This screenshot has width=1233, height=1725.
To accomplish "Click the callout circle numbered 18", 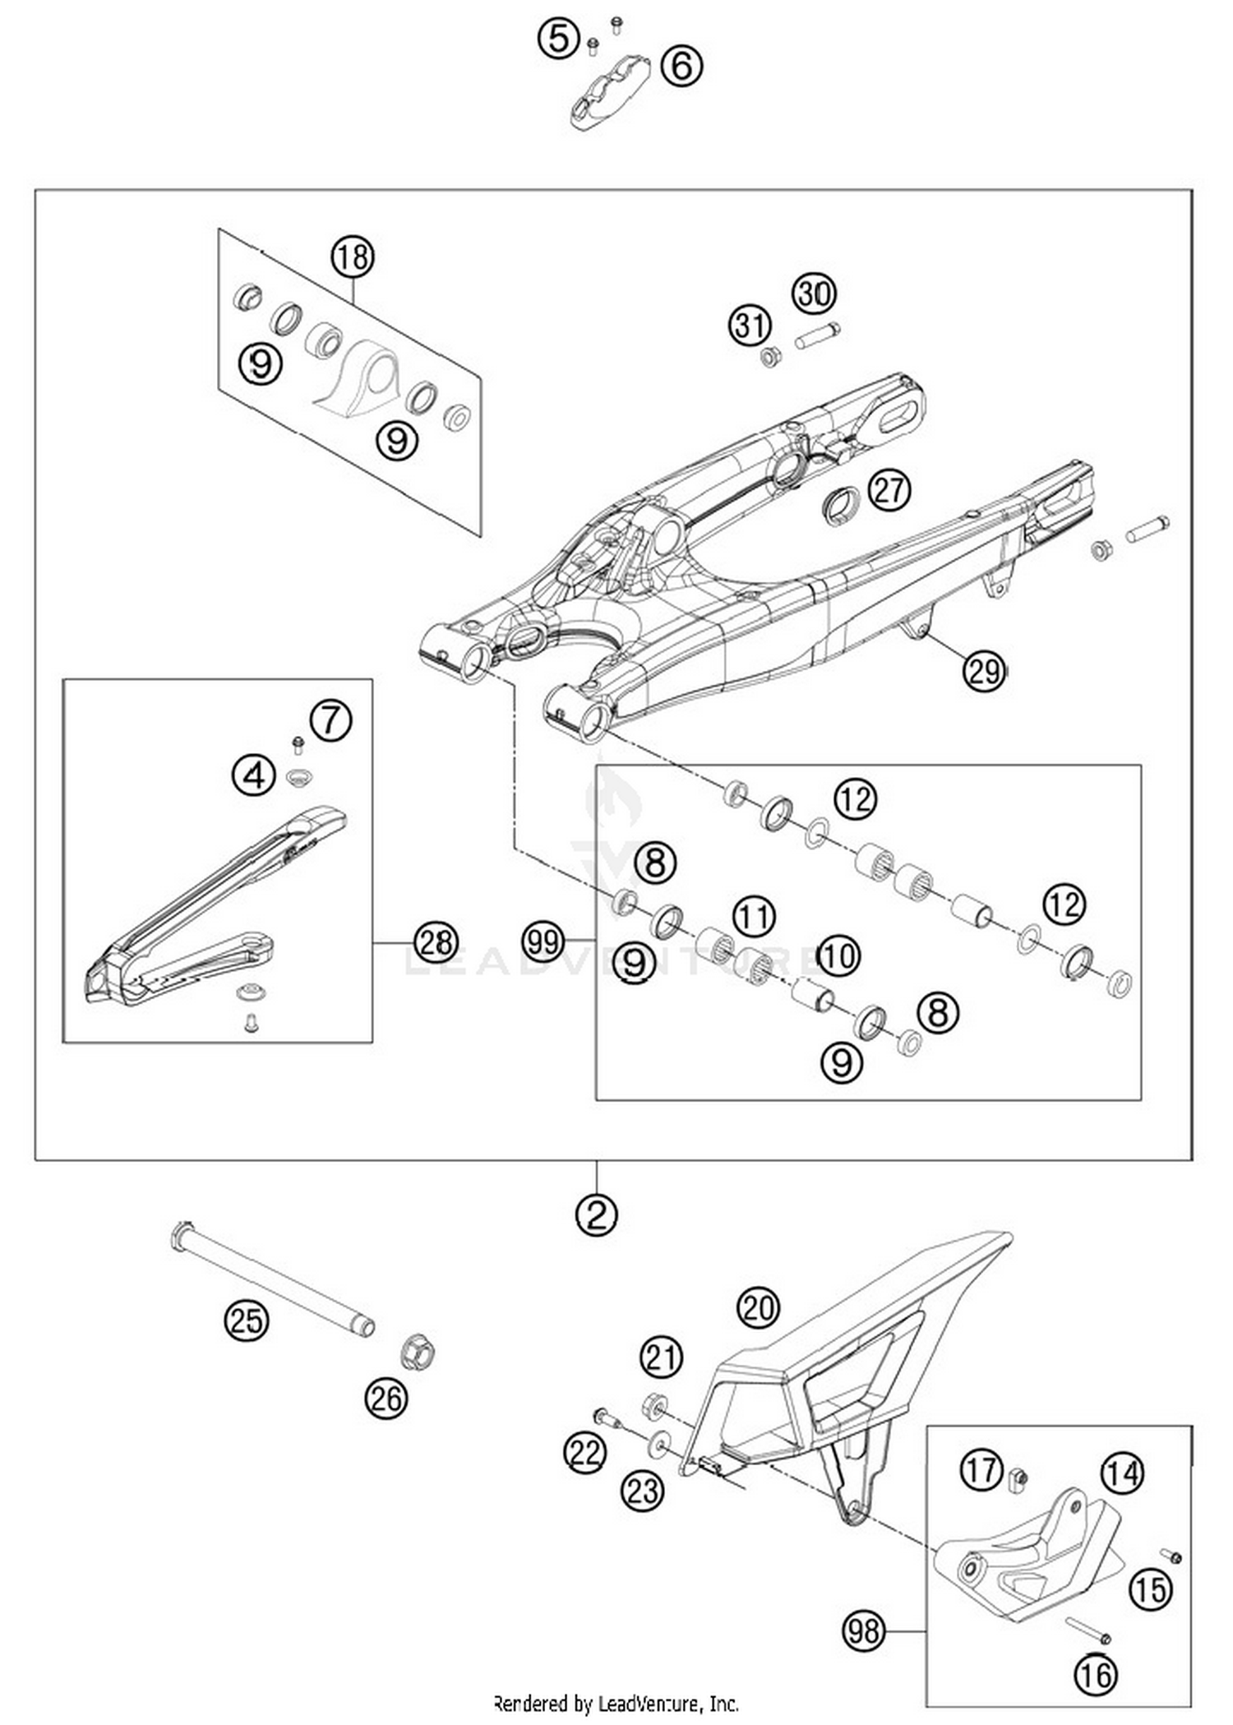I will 353,257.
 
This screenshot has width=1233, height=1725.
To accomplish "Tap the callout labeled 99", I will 543,941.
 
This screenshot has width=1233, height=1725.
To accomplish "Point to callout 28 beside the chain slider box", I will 436,942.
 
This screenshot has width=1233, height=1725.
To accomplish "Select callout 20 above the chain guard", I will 758,1306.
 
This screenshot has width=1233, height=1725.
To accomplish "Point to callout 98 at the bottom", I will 864,1629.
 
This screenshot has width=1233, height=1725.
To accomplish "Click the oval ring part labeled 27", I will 841,503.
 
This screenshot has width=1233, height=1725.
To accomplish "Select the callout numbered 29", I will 984,670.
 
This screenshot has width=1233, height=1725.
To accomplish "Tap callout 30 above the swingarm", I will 814,294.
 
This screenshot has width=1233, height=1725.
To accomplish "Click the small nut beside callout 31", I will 770,357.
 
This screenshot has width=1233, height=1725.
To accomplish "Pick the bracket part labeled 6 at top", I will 610,91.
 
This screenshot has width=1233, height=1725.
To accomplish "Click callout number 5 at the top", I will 559,39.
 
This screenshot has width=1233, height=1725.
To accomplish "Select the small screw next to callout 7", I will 298,745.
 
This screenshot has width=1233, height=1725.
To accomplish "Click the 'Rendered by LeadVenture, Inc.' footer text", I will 616,1702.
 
